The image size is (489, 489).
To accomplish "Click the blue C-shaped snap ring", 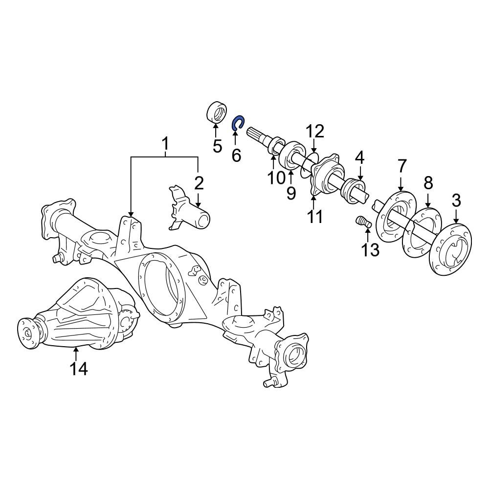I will [237, 123].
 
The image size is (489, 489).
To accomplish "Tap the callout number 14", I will [78, 369].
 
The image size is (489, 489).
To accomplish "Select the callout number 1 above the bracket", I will [165, 144].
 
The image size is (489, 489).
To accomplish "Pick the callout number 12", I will [315, 132].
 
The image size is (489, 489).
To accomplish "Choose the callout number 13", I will [370, 249].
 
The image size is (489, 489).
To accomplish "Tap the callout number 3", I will [456, 200].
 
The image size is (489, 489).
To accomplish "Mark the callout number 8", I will [428, 183].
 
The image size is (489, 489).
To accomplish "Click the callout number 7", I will [401, 166].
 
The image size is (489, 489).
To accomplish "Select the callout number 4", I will [359, 157].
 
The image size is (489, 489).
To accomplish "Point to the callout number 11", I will [315, 216].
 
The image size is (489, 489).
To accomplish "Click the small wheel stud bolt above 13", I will [362, 222].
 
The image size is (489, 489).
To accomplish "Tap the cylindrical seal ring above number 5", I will [215, 111].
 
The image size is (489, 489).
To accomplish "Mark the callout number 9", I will [291, 193].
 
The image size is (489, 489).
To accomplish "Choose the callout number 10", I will [276, 178].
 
